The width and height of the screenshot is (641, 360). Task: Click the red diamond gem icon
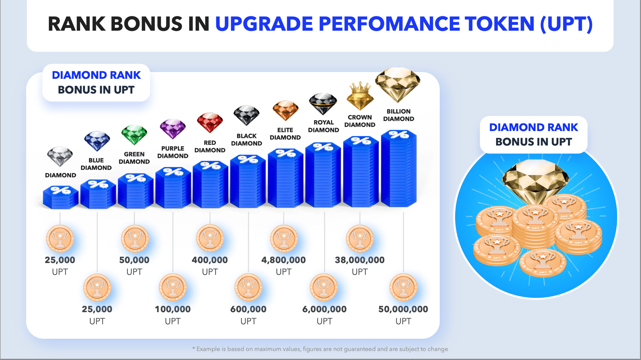click(x=210, y=122)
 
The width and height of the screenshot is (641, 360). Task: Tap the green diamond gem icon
click(x=134, y=134)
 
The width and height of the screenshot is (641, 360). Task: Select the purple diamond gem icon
click(x=173, y=129)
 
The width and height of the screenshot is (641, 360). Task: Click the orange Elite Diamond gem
click(x=285, y=110)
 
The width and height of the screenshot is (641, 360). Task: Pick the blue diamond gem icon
click(x=97, y=141)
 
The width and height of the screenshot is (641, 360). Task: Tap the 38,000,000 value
click(x=360, y=260)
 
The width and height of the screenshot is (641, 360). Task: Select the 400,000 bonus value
click(x=210, y=260)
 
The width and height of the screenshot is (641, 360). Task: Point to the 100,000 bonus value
click(x=173, y=309)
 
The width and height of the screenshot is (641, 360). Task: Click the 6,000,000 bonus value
click(x=324, y=309)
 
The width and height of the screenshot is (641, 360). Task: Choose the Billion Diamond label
click(x=398, y=115)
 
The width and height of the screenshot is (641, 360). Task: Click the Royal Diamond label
click(x=323, y=126)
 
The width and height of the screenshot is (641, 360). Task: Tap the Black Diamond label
click(x=247, y=139)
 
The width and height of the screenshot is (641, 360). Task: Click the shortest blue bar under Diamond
click(x=60, y=197)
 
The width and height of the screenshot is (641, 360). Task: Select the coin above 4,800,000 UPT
click(x=284, y=239)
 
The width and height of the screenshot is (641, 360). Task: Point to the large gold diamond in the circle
click(x=535, y=180)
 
